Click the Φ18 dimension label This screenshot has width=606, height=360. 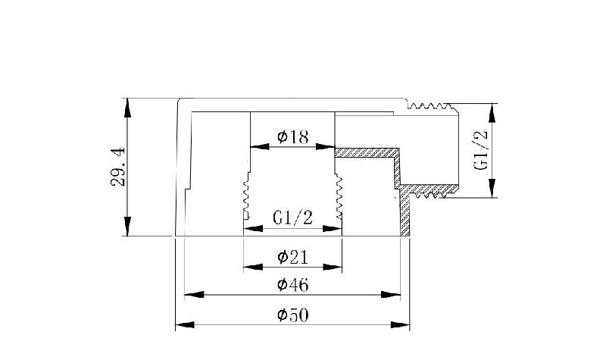click(293, 136)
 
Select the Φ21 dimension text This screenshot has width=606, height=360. click(293, 257)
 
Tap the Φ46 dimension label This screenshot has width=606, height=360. click(293, 285)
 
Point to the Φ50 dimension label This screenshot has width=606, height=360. click(293, 315)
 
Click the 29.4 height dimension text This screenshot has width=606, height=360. click(118, 167)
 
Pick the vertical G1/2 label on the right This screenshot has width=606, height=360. click(481, 150)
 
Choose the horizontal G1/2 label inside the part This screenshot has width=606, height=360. click(292, 218)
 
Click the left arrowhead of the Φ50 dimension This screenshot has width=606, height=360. click(185, 324)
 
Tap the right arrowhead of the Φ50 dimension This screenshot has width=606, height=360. click(400, 324)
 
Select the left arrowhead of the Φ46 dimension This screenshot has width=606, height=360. click(194, 295)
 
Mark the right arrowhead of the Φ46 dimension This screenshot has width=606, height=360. click(391, 295)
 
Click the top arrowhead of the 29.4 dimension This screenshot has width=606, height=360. click(127, 108)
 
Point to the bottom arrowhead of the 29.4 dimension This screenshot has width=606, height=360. click(127, 226)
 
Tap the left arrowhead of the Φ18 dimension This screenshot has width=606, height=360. click(260, 146)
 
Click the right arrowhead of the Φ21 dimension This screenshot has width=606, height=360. click(333, 267)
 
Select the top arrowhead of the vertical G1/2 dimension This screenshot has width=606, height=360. click(492, 113)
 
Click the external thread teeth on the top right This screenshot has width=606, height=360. click(430, 105)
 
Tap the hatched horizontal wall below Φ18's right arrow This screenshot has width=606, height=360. click(367, 152)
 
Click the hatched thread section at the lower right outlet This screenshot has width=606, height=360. click(429, 192)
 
